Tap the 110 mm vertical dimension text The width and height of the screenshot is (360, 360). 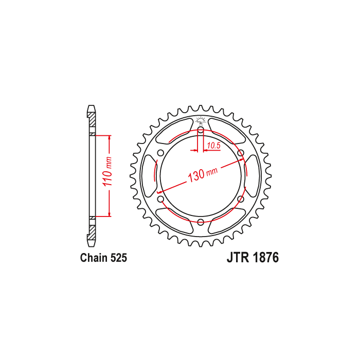[107, 172]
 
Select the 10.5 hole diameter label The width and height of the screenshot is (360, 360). [213, 146]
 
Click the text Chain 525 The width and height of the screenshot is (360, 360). [103, 258]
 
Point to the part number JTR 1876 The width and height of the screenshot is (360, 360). [253, 257]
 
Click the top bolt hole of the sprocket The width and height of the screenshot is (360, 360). [201, 130]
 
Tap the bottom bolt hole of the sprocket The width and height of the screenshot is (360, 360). [201, 222]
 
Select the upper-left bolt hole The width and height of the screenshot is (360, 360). [160, 153]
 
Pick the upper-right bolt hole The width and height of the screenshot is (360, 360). [241, 153]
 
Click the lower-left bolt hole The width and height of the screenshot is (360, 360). [160, 199]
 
